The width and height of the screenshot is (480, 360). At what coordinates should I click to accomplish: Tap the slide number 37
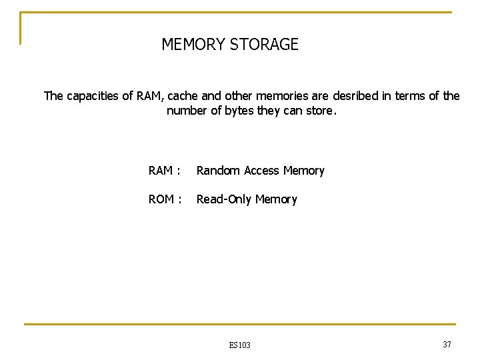(x=447, y=343)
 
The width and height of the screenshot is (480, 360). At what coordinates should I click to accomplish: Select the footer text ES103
(x=239, y=345)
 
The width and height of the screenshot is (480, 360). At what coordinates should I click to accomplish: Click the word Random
(x=218, y=171)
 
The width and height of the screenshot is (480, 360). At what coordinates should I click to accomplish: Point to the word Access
(x=261, y=171)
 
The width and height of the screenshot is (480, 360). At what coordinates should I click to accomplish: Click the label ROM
(x=161, y=199)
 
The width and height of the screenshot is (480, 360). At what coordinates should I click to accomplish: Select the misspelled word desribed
(x=354, y=96)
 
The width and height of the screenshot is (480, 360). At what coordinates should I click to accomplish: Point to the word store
(x=320, y=111)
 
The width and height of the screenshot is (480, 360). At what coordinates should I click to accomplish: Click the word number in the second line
(x=186, y=111)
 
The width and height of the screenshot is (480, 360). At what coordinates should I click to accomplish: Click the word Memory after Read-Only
(x=276, y=199)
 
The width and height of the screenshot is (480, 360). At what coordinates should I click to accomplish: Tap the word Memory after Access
(x=303, y=171)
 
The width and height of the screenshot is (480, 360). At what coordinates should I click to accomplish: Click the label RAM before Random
(x=161, y=171)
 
